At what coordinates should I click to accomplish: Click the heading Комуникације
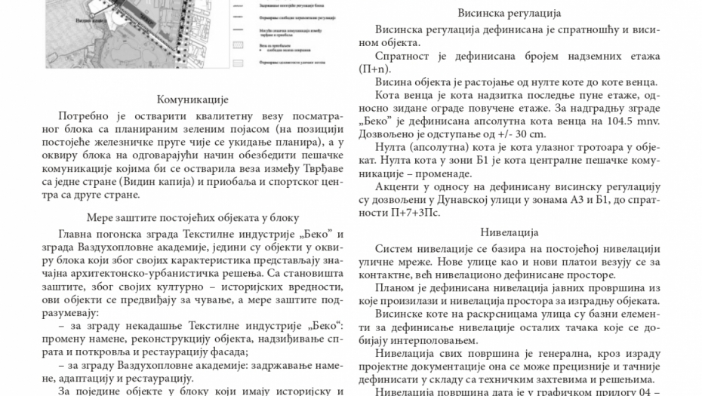point(192,100)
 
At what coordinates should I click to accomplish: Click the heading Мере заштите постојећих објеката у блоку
point(192,215)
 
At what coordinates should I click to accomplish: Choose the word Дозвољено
point(388,134)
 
